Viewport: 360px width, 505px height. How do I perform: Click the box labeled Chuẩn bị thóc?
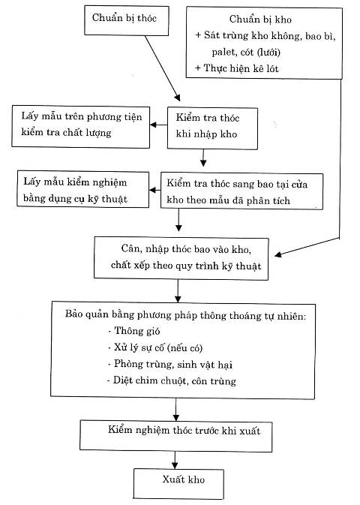(x=126, y=20)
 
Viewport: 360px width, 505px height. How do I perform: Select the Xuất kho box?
(x=178, y=484)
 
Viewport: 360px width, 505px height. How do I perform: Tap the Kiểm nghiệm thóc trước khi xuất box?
(x=175, y=436)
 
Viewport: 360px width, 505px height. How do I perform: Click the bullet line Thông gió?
(x=134, y=331)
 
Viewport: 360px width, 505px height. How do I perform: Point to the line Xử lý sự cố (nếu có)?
(x=155, y=347)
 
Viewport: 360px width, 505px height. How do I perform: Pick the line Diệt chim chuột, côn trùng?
(x=172, y=380)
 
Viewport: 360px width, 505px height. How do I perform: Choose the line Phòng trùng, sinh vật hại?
(x=170, y=364)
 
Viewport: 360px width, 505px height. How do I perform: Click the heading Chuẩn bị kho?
(x=260, y=20)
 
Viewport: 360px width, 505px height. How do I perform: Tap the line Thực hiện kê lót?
(x=237, y=68)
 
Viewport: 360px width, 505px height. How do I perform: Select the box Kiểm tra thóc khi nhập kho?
(x=212, y=128)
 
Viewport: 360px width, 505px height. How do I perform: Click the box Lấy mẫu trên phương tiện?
(x=81, y=127)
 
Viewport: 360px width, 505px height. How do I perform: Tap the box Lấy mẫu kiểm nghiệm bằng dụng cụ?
(x=82, y=189)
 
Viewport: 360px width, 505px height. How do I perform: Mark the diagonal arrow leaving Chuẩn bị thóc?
(x=163, y=68)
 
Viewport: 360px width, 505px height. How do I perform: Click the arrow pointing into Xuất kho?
(x=175, y=460)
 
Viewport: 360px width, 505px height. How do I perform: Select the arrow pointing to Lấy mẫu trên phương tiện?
(x=158, y=125)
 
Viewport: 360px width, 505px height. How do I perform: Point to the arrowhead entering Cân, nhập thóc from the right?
(x=278, y=254)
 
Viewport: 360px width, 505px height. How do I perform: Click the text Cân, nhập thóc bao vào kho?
(x=186, y=249)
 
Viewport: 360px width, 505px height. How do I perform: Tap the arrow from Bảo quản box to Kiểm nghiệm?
(x=175, y=410)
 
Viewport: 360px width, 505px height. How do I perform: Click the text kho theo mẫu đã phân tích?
(x=228, y=200)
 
